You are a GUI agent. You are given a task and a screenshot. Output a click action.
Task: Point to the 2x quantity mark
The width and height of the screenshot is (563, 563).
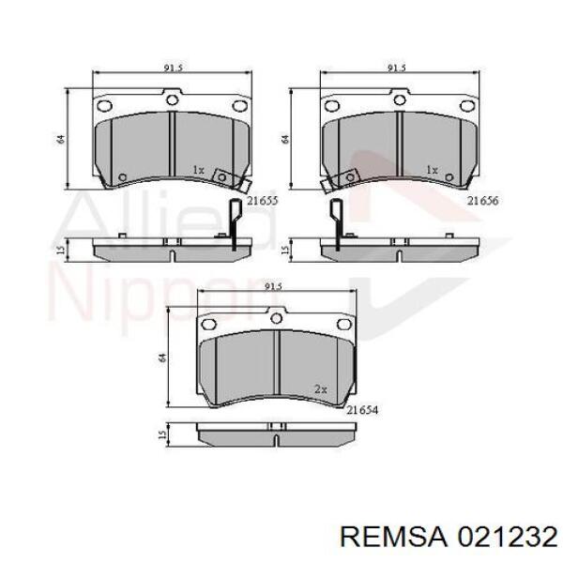[x=320, y=388]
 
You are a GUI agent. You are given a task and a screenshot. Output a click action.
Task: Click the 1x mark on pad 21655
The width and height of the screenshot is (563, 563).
[x=198, y=170]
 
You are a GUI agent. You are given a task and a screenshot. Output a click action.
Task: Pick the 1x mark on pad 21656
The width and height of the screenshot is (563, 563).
[x=432, y=170]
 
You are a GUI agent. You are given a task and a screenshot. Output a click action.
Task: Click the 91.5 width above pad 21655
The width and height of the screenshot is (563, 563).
[x=173, y=68]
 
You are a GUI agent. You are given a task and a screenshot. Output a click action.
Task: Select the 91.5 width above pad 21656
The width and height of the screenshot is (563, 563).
[x=397, y=68]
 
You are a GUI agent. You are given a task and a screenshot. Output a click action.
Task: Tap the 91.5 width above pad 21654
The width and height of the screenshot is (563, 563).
[x=275, y=287]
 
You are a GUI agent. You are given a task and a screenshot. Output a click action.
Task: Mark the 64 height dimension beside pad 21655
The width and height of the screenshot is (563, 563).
[x=60, y=138]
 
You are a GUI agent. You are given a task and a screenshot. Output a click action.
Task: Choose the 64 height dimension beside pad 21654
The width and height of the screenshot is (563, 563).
[x=162, y=358]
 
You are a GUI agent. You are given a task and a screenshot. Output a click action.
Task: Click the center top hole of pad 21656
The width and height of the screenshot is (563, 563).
[x=399, y=100]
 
